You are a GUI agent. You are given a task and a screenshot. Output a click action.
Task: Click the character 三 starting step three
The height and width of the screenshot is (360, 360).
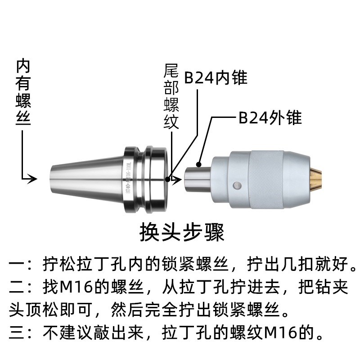click(x=17, y=333)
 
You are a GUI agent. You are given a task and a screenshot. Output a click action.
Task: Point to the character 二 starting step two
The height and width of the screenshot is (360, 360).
click(x=17, y=287)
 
